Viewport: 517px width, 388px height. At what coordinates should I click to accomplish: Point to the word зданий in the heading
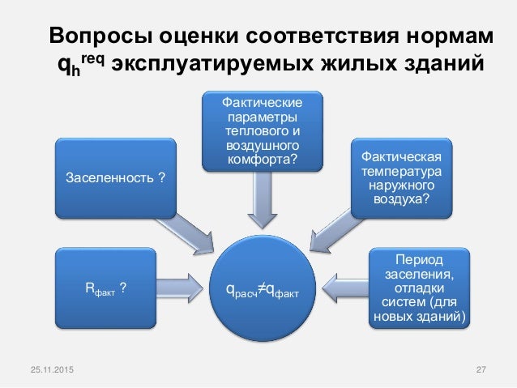(x=436, y=64)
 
